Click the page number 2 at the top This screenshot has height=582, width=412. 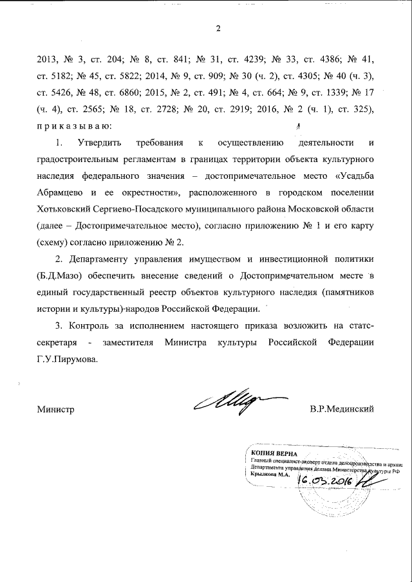click(x=218, y=28)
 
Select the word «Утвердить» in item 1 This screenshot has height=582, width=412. click(x=102, y=140)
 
